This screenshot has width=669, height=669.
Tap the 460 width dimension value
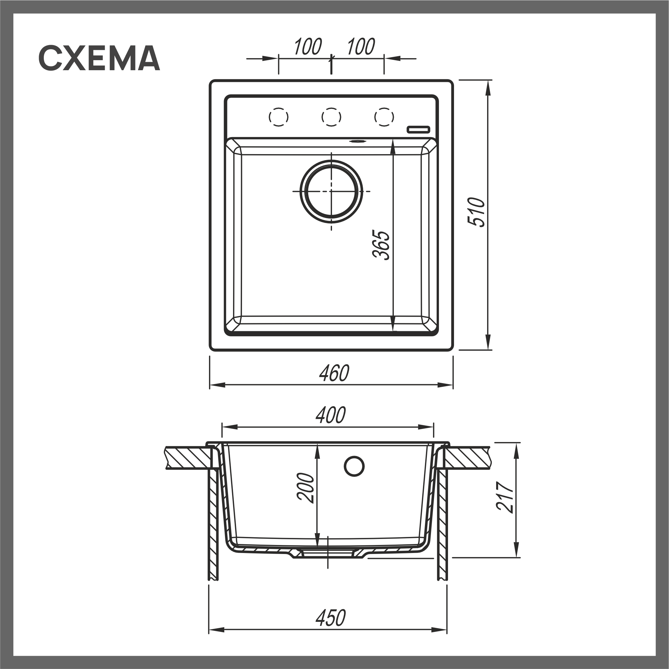click(x=334, y=373)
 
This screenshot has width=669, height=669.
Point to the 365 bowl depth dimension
click(x=381, y=245)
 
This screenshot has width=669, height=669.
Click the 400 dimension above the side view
click(x=330, y=415)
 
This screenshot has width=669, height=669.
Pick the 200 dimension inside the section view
click(x=306, y=488)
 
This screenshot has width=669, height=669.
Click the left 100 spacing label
click(x=308, y=47)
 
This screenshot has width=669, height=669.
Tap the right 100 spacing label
click(x=360, y=47)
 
